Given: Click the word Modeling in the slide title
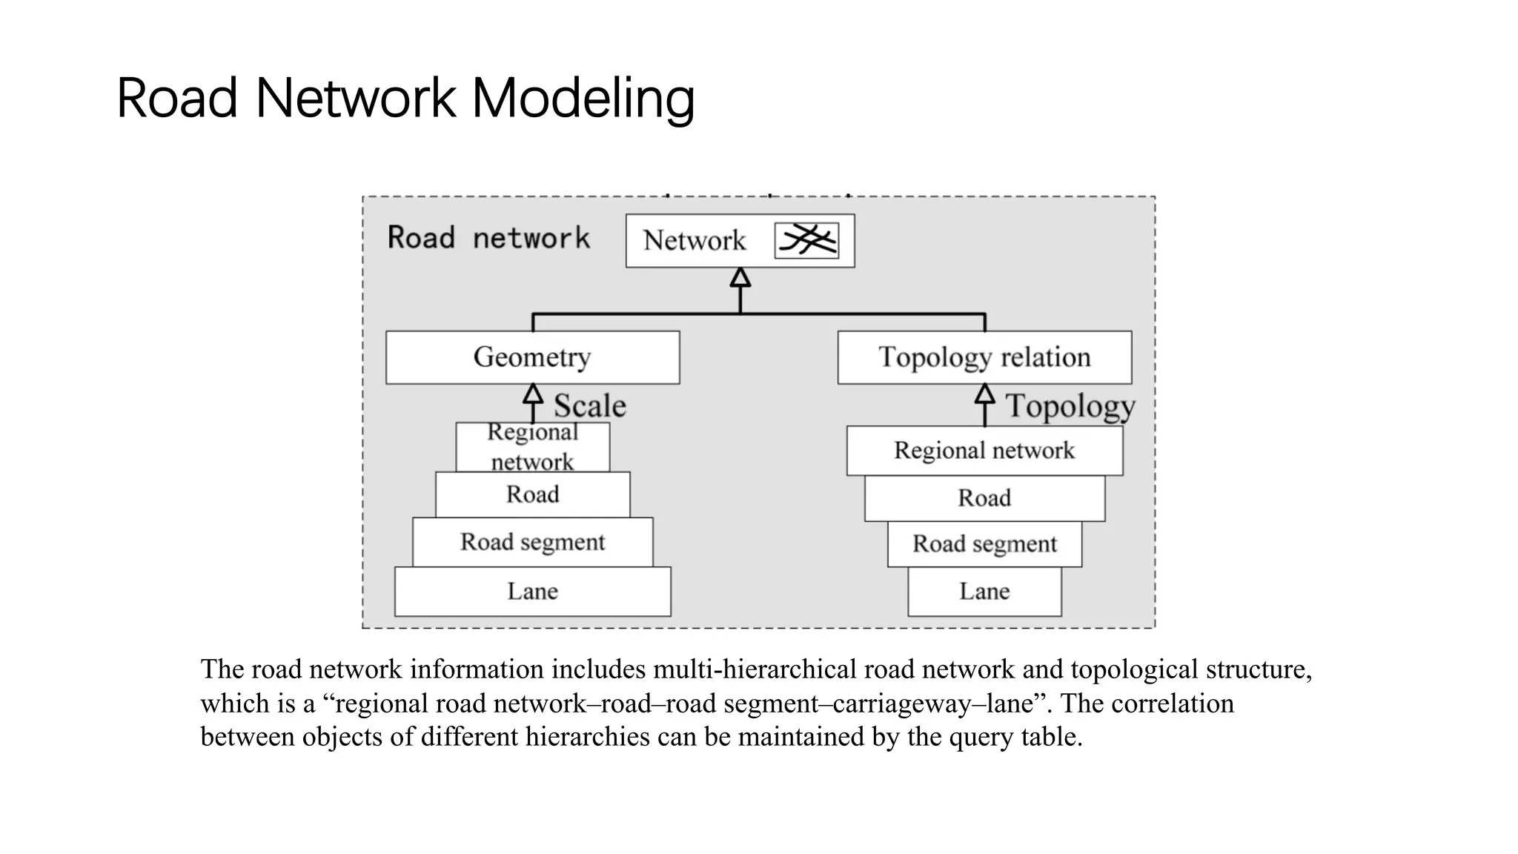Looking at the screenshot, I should (x=583, y=99).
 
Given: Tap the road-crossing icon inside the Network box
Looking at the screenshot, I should (x=806, y=240).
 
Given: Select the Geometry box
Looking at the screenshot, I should (x=532, y=357).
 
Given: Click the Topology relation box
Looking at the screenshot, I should (x=984, y=357).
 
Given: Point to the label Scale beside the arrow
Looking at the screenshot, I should (x=590, y=406).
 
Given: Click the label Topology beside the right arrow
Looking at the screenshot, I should (x=1070, y=406).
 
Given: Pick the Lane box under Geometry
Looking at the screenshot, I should (x=532, y=592).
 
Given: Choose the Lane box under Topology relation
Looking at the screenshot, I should (x=984, y=592).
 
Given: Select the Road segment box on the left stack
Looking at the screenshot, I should (x=532, y=542).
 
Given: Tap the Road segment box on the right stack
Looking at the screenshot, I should (x=984, y=544).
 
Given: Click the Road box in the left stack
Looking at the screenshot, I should (x=532, y=494).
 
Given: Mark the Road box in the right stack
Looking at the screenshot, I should (x=984, y=498).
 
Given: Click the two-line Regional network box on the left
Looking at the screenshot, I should (x=532, y=447).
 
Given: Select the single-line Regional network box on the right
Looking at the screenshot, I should (x=984, y=451).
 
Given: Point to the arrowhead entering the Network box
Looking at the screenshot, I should (x=740, y=278).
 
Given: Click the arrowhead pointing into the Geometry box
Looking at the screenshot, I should (x=533, y=394).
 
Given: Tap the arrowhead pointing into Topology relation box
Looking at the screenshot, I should (x=984, y=394).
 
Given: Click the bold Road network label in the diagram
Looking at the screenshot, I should (x=488, y=239).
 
